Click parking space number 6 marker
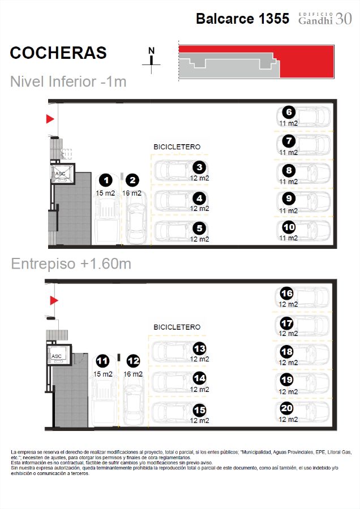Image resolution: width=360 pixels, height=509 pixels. coord(289,113)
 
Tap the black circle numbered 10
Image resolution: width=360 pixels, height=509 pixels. coord(289,227)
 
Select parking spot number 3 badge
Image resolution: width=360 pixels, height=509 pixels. coord(199,167)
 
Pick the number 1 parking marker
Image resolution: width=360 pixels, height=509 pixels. coord(106,180)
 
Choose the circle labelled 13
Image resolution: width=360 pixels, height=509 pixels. coord(199,348)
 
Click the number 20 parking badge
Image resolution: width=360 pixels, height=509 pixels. coord(286,408)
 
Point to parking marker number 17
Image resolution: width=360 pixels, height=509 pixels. coord(286,323)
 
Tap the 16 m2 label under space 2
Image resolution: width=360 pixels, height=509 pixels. coord(131,193)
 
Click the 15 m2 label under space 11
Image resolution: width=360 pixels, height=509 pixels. coord(102,374)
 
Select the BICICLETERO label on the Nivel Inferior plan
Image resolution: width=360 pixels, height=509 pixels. coord(177,146)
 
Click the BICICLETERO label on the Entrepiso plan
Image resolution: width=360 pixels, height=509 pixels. coord(177,327)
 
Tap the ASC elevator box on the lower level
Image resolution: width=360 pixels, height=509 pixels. coord(63,174)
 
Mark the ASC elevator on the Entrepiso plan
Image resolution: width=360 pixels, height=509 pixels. coord(58,356)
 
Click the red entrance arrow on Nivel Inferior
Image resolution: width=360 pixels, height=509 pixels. coord(50,119)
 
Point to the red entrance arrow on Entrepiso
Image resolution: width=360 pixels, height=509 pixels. coord(54,300)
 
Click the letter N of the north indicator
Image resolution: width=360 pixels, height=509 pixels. coord(151,51)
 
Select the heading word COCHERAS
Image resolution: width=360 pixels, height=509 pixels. coord(58,53)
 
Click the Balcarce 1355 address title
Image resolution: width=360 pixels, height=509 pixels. coord(242,19)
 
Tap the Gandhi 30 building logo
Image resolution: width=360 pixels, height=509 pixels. coord(325,19)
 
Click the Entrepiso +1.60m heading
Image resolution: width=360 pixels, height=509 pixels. coord(71,264)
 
